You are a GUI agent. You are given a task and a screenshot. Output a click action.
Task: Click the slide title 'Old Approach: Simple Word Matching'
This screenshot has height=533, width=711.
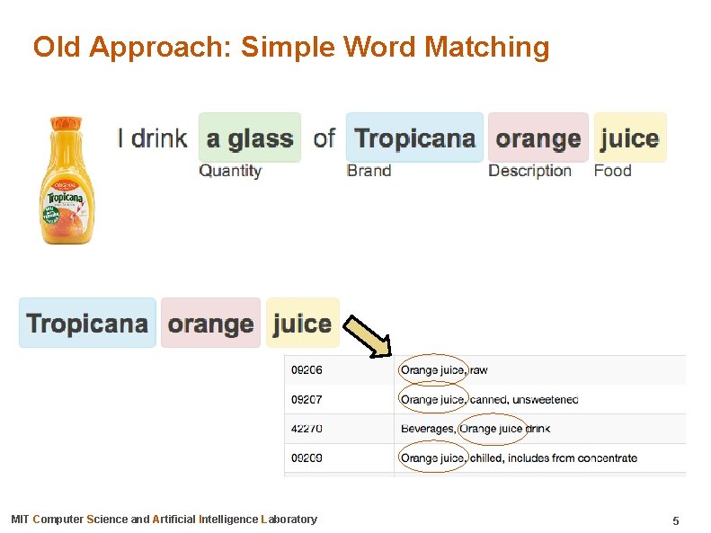(290, 47)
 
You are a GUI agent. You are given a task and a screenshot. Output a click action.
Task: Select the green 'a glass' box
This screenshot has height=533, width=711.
(250, 138)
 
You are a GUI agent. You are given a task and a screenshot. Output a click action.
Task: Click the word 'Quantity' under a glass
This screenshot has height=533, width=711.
(230, 171)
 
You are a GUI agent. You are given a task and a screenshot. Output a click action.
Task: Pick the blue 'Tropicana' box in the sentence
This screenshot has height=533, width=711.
(414, 138)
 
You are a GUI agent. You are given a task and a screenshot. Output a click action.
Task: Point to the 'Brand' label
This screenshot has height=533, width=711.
(369, 171)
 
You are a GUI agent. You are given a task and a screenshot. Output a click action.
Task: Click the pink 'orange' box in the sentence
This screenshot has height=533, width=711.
(538, 138)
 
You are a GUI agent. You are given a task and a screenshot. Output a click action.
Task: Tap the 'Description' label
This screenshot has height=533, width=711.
(529, 171)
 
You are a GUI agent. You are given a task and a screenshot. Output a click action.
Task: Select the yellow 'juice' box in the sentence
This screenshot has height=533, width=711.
(630, 138)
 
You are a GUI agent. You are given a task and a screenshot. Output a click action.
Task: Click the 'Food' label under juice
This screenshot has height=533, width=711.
(612, 171)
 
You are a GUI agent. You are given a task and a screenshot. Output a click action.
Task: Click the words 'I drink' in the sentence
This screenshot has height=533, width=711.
(152, 138)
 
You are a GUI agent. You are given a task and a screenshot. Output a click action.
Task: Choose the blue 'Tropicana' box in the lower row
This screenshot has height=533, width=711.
(87, 323)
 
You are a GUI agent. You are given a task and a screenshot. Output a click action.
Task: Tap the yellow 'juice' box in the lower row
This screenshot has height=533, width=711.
(303, 323)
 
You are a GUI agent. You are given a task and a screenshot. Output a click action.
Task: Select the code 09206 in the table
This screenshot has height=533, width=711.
(306, 369)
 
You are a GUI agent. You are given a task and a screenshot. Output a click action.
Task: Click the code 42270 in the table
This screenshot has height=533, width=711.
(306, 429)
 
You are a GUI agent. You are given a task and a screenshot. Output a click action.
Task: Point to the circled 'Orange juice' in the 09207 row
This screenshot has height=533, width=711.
(432, 399)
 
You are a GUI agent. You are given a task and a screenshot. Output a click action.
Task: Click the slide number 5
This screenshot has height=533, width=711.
(675, 520)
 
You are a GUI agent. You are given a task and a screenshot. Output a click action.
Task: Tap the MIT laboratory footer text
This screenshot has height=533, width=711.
(164, 520)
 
